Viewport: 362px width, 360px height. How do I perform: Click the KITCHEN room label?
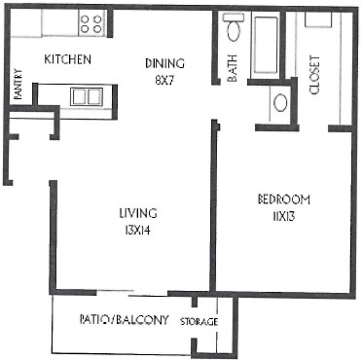click(68, 60)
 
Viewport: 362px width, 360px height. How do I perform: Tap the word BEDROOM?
click(283, 199)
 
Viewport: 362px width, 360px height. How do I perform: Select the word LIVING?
click(139, 212)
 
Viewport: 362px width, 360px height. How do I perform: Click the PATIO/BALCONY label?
click(125, 319)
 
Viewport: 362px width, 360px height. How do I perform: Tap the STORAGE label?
click(199, 322)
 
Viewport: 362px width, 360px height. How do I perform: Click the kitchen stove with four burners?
click(91, 22)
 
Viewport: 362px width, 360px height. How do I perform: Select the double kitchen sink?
click(86, 95)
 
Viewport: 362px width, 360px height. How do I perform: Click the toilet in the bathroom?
click(234, 28)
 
